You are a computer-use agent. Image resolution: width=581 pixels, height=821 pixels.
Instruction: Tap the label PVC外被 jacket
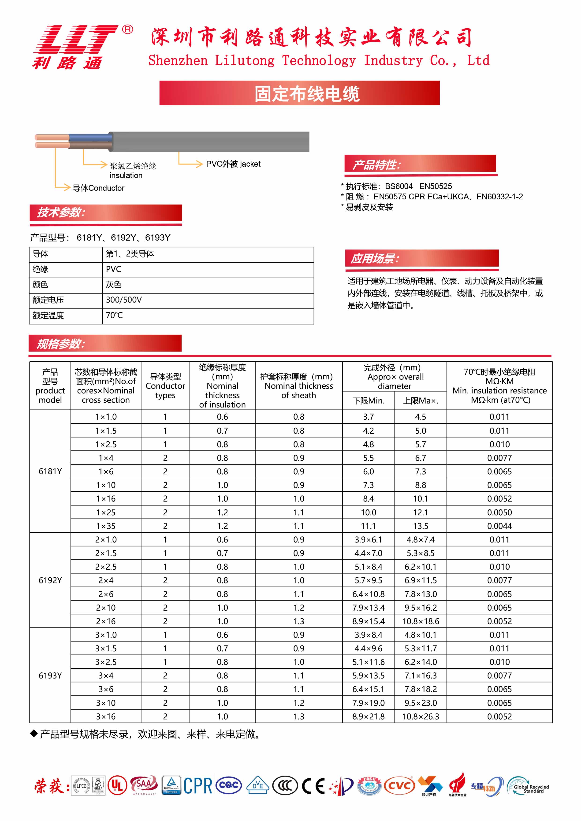pyautogui.click(x=233, y=164)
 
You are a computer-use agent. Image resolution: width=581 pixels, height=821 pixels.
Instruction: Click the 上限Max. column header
pyautogui.click(x=420, y=400)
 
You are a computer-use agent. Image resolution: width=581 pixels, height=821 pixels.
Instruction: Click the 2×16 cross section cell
pyautogui.click(x=106, y=621)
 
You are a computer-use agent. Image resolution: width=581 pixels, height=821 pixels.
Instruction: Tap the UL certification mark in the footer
pyautogui.click(x=117, y=786)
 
